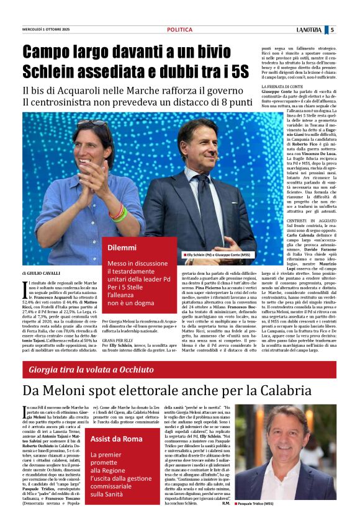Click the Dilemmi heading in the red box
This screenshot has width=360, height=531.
point(122,248)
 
